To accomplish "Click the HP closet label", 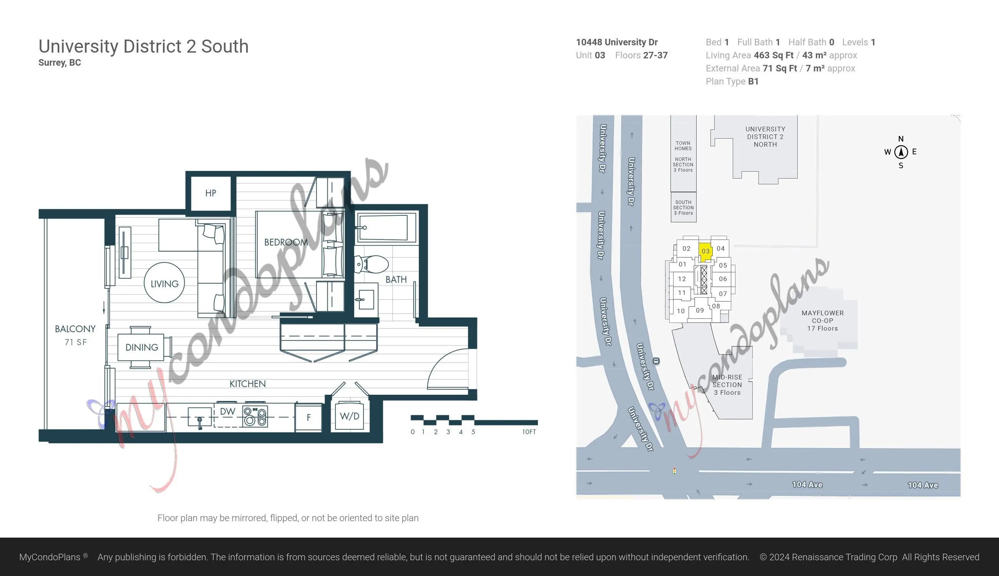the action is point(211,193).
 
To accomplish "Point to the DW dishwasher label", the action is point(227,411).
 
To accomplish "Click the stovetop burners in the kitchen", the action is point(255,416).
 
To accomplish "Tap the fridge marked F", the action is point(308,417).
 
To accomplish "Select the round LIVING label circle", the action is point(164,283).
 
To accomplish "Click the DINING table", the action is point(141,348).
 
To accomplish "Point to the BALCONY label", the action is point(75,329).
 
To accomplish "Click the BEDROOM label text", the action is point(286,242).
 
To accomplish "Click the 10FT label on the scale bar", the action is point(529,432).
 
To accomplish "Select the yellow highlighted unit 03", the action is point(705,252).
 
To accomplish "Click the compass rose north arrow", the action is point(901,152).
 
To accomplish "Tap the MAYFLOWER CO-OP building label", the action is point(823,320).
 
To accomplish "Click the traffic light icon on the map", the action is point(674,471).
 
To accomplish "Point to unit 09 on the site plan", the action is point(700,311).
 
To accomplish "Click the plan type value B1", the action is point(753,81).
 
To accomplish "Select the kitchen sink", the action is point(199,417).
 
